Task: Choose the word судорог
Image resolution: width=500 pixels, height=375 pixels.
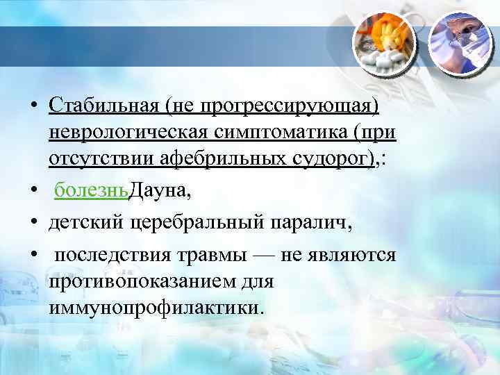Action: point(342,159)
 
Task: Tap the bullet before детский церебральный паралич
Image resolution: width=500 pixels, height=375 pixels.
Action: point(35,224)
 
